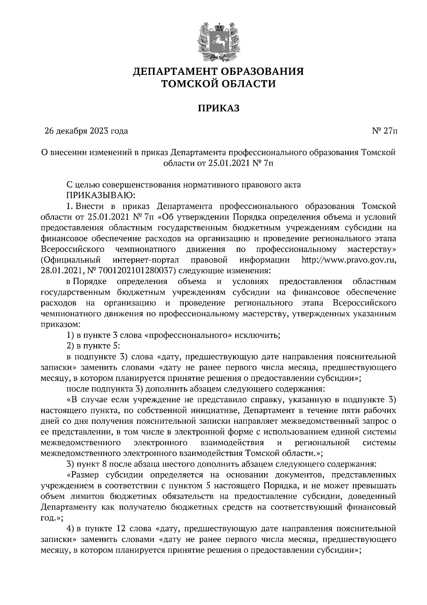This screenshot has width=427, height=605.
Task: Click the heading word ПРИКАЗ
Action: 218,108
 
